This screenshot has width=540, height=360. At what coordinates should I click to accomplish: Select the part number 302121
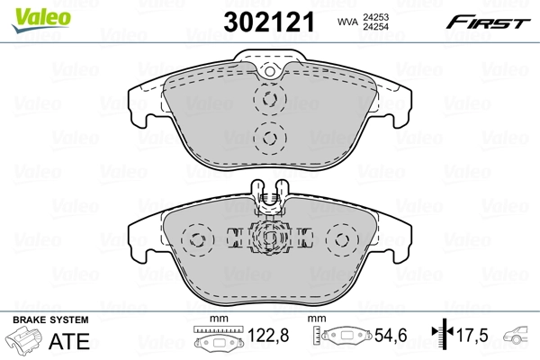[270, 22]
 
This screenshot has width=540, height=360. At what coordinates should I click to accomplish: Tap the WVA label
[347, 21]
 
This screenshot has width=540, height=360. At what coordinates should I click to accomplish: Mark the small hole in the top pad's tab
[268, 71]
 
